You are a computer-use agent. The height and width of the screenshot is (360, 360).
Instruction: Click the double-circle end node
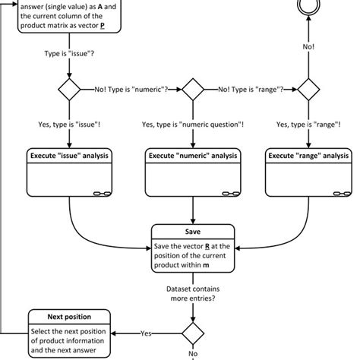click(x=309, y=10)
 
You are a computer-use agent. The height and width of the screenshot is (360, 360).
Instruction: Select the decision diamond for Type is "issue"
click(x=69, y=90)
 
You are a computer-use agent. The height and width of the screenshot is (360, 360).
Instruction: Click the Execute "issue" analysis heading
click(x=69, y=156)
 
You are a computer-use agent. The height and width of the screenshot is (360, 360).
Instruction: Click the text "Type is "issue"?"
click(x=69, y=55)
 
